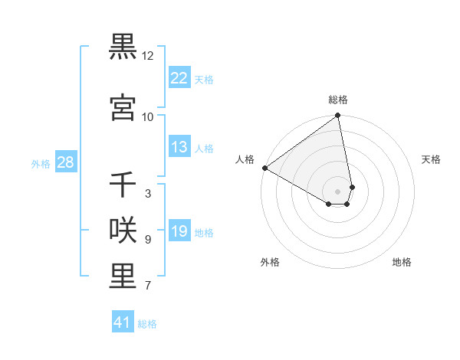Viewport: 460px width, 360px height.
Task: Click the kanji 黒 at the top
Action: pos(123,47)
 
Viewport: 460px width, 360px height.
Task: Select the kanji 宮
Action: pos(123,107)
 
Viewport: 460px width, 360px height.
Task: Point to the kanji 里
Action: pos(123,277)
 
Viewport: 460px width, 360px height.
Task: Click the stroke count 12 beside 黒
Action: pos(148,56)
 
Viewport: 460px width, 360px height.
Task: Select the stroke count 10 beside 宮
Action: pos(148,116)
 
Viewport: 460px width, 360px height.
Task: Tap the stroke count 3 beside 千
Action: pos(148,194)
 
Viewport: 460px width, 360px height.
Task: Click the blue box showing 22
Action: pos(179,77)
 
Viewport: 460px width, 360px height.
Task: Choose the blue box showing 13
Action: pos(179,147)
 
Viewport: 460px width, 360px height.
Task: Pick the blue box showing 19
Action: pos(179,231)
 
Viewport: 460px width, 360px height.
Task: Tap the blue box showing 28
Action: pos(65,162)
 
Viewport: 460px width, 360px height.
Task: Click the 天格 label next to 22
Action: pos(204,79)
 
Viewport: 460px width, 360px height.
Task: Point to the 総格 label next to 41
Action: pos(147,324)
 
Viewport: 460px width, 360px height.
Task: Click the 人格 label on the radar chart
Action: pos(245,159)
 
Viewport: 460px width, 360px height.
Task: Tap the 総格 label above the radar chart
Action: pos(338,100)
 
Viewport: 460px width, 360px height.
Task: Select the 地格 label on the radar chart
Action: pos(402,262)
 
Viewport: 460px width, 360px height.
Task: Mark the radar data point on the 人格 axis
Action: pos(264,168)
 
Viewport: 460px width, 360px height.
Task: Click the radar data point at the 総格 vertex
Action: pos(337,116)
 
